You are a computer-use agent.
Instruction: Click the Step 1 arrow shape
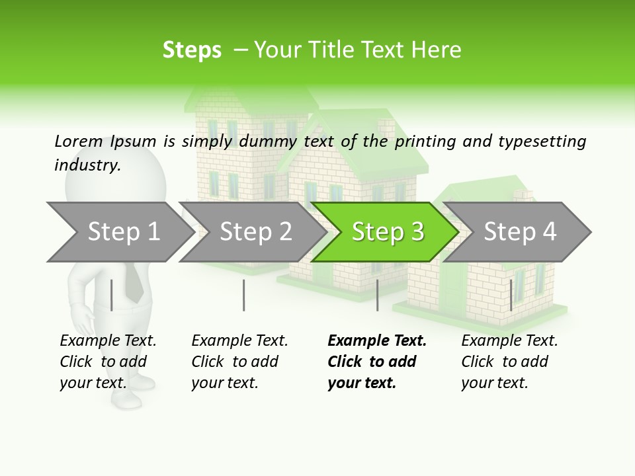click(x=122, y=232)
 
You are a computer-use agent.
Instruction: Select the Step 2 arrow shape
click(x=255, y=232)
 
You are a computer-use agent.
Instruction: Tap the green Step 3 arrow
click(x=387, y=232)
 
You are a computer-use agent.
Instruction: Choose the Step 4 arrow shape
click(x=519, y=232)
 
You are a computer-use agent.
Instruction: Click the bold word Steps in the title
click(x=192, y=50)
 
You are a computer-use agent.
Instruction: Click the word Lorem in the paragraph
click(x=79, y=141)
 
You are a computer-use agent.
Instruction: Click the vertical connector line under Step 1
click(x=111, y=295)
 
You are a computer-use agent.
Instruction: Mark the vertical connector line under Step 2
click(x=243, y=295)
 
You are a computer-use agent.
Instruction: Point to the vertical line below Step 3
click(x=377, y=295)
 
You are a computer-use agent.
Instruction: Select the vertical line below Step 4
click(x=511, y=295)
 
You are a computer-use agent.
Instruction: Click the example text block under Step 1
click(x=108, y=362)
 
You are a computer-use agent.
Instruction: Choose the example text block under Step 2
click(x=239, y=362)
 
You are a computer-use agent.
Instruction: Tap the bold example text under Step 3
click(x=376, y=362)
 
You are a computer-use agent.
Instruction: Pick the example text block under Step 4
click(x=509, y=362)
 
